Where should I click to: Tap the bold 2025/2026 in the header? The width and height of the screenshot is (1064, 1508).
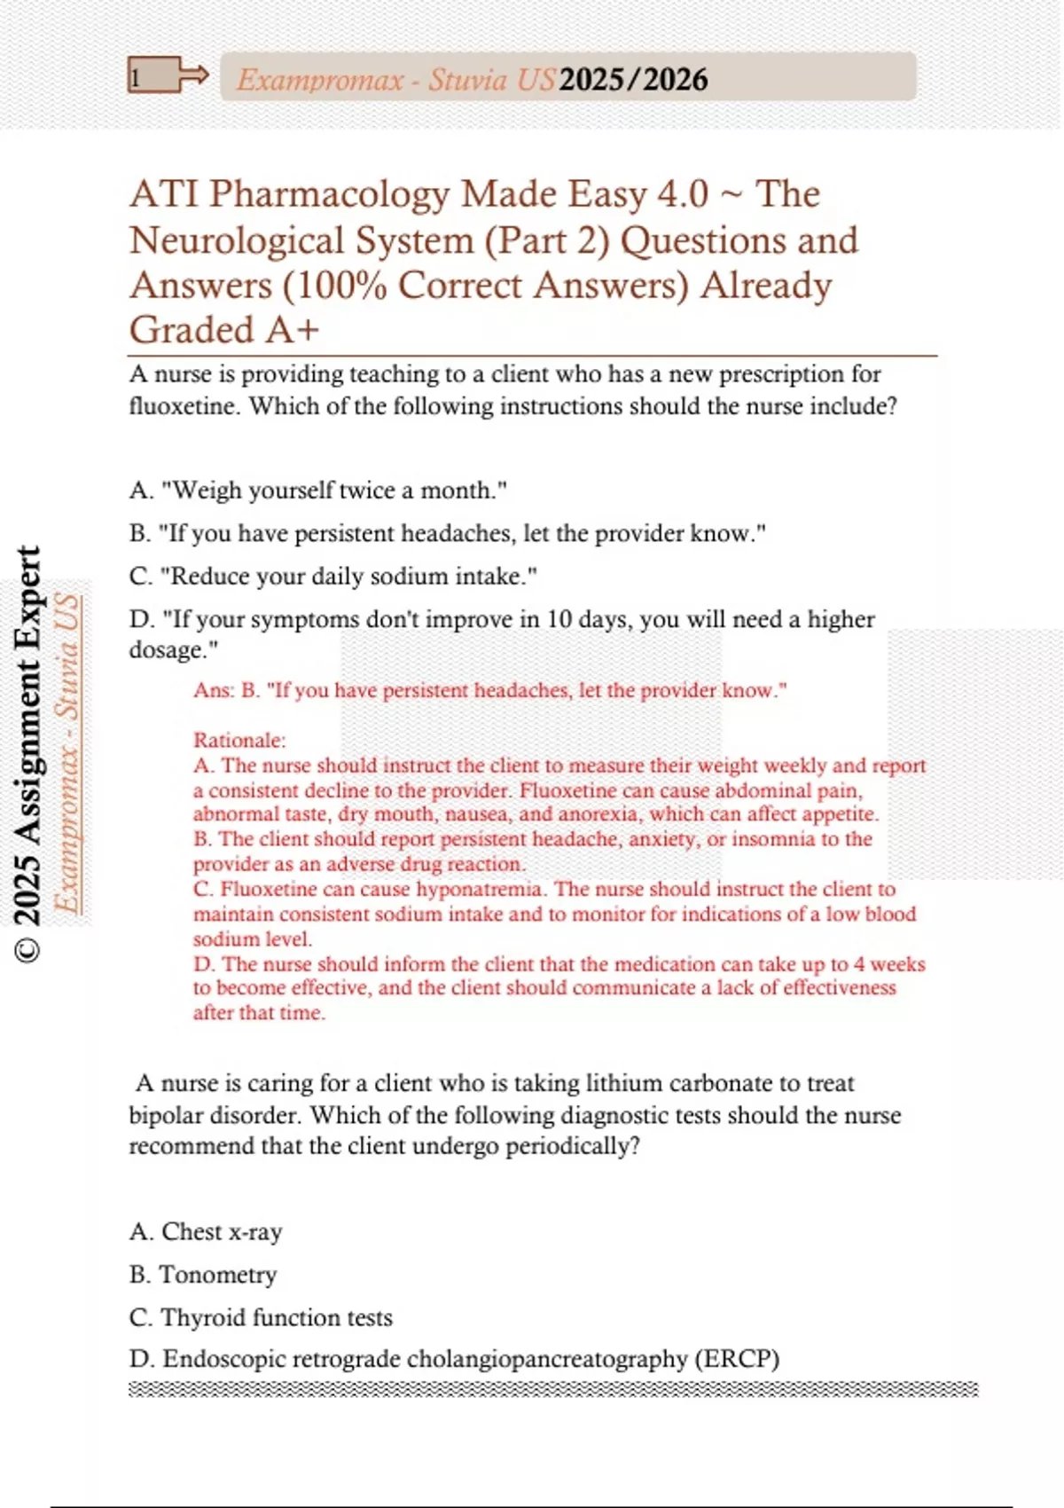(633, 80)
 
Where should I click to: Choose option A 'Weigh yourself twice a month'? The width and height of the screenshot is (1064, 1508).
(317, 490)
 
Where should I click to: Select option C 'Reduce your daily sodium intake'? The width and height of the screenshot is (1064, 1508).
(332, 576)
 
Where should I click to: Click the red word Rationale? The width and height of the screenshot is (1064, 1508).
(239, 740)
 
